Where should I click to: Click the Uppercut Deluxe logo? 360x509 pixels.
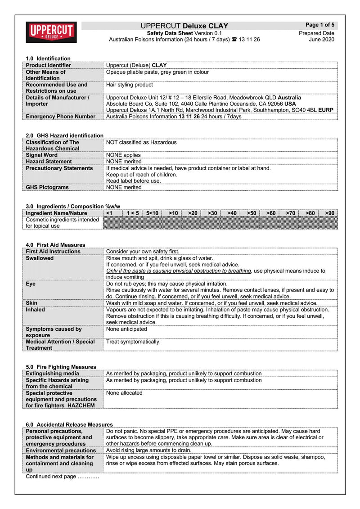(x=51, y=32)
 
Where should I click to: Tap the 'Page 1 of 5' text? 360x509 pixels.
(x=319, y=25)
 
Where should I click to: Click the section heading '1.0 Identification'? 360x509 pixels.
(x=48, y=59)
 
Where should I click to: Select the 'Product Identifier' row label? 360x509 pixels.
(x=48, y=65)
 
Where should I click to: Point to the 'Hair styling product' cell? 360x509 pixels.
(x=130, y=85)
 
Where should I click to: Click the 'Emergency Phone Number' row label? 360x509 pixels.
(x=61, y=117)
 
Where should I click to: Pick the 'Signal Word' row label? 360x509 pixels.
(x=42, y=155)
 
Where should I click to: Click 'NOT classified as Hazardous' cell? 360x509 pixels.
(x=141, y=142)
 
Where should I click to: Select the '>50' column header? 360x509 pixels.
(x=252, y=213)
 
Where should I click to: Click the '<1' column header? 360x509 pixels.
(x=108, y=213)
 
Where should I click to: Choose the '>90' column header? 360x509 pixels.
(x=330, y=213)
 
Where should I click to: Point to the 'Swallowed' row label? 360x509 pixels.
(x=40, y=258)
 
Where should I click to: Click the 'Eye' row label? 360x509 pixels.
(x=31, y=284)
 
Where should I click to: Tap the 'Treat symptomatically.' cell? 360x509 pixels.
(x=133, y=342)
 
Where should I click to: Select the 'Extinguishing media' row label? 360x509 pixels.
(x=53, y=374)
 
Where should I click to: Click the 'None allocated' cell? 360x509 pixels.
(x=124, y=393)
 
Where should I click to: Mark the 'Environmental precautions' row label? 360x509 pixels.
(x=61, y=450)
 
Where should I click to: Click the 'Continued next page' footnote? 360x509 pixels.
(x=63, y=477)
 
